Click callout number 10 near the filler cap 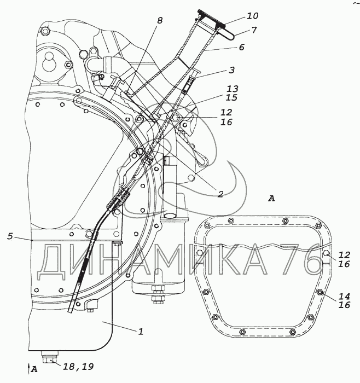[252, 16]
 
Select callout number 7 [254, 30]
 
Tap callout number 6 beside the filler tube [241, 47]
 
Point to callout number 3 [231, 70]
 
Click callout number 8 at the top [160, 21]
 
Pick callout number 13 [232, 89]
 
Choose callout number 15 [231, 97]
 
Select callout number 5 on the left [10, 236]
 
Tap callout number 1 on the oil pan [141, 332]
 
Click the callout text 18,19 [78, 367]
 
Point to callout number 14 [344, 297]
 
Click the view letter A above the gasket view [271, 199]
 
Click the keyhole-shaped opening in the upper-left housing [50, 61]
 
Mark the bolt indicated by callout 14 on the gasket [320, 292]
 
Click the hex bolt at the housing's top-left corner [45, 31]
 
